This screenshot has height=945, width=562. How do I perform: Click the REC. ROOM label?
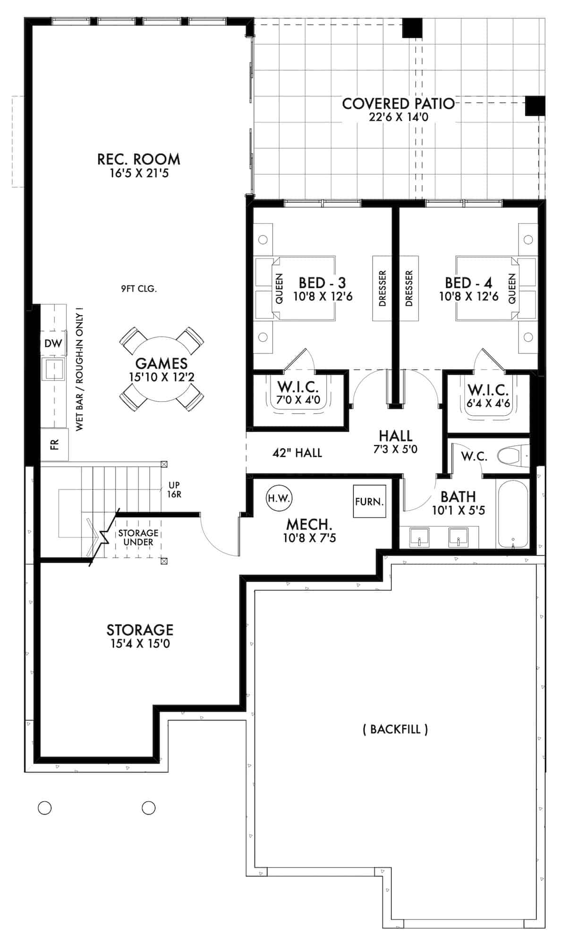pos(138,159)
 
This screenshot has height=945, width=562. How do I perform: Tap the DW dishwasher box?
pos(53,344)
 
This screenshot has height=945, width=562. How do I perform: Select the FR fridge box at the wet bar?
pos(54,444)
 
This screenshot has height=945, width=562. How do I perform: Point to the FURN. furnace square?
pos(369,501)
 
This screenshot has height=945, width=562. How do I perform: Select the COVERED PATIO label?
pos(398,104)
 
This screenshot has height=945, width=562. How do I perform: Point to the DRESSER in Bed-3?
pos(383,288)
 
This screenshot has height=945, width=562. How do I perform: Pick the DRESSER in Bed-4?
pos(409,288)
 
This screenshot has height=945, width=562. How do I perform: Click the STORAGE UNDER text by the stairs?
pos(138,538)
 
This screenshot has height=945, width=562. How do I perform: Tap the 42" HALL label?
pos(297,453)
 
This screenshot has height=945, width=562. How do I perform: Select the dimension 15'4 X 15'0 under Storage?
pos(140,644)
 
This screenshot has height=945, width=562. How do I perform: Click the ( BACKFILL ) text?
pos(395,729)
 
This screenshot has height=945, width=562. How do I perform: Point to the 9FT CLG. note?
pos(138,288)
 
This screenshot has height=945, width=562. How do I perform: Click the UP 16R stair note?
pos(174,490)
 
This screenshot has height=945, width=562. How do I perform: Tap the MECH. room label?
pos(309,524)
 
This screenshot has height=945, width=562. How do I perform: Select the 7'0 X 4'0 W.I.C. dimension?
pos(298,400)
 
